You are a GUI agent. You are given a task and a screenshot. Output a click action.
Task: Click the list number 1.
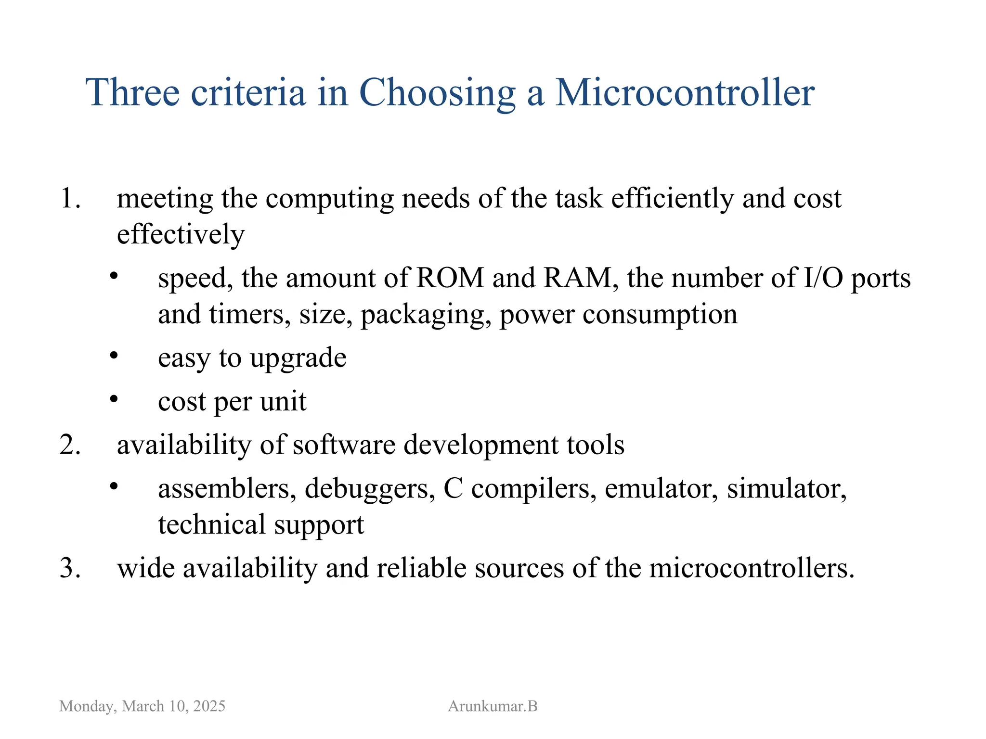70,198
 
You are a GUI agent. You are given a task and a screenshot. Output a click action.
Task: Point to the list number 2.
70,445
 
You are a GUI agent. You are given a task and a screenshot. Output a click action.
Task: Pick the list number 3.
70,568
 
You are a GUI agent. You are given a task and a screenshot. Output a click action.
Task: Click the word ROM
450,278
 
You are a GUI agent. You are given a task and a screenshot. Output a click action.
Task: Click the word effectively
181,234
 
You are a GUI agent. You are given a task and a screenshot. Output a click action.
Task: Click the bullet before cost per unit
114,399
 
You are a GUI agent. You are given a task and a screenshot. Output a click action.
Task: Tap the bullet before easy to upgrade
114,356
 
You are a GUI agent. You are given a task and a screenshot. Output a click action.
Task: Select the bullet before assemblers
114,486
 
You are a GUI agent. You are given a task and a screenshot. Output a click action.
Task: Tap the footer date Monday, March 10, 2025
142,706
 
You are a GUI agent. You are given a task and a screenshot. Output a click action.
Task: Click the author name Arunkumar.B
493,706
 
